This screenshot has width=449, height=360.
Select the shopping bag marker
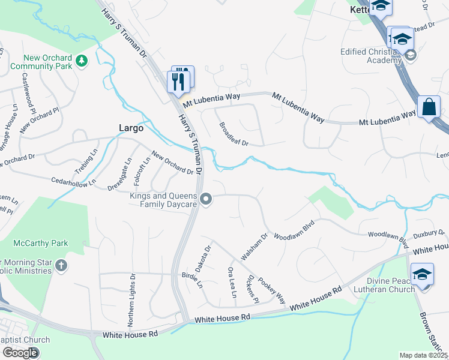coord(429,107)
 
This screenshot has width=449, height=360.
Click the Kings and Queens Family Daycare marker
coord(206,199)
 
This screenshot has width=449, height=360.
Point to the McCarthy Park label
coord(41,243)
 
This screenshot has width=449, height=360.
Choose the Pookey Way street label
coord(272,289)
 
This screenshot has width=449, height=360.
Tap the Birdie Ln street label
coord(192,280)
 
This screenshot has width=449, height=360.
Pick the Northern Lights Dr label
coord(132,300)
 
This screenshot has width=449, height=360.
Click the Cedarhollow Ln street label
coord(73,181)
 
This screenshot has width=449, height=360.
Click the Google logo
coord(20,352)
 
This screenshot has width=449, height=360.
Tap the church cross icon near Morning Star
coord(61,265)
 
